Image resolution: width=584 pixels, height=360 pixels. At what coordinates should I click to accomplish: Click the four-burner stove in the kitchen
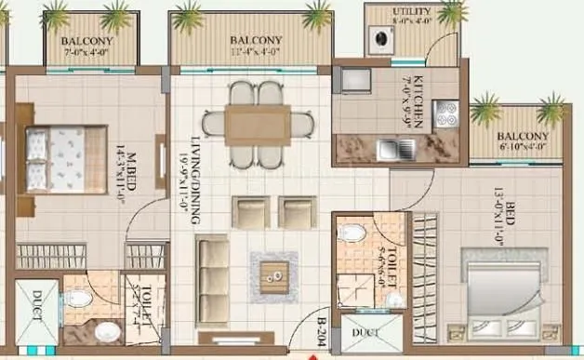pyautogui.click(x=445, y=112)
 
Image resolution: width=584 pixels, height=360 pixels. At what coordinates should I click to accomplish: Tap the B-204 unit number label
pyautogui.click(x=322, y=331)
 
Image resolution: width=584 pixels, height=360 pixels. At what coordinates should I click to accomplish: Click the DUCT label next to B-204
pyautogui.click(x=358, y=333)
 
